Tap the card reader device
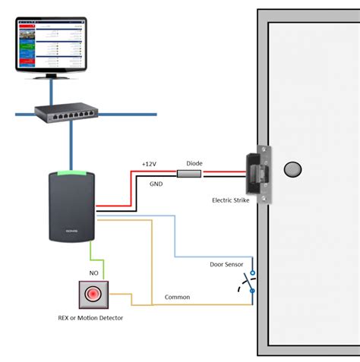pyautogui.click(x=71, y=207)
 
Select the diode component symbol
pyautogui.click(x=189, y=174)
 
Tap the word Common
pyautogui.click(x=177, y=297)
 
